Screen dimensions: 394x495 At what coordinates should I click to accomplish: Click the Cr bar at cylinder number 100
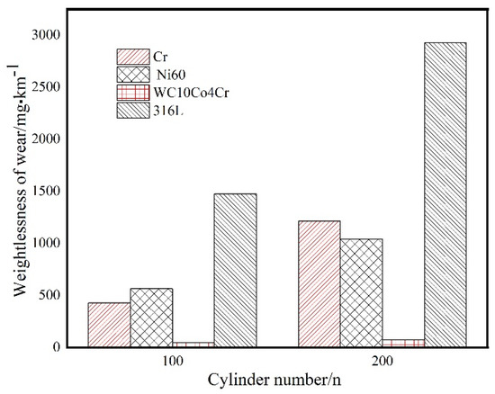(x=109, y=325)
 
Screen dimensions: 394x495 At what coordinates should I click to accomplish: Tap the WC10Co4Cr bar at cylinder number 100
(x=193, y=344)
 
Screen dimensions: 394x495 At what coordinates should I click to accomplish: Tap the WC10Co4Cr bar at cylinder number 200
(x=402, y=343)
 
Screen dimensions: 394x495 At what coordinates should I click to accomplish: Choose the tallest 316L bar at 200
(x=445, y=194)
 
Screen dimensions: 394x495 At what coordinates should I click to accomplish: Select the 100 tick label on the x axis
(x=173, y=362)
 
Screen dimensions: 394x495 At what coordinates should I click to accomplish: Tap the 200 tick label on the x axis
(x=382, y=362)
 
